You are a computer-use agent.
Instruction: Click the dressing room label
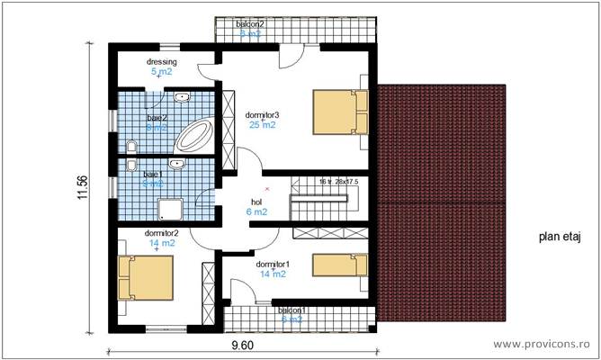[163, 62]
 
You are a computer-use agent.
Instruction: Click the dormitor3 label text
[263, 114]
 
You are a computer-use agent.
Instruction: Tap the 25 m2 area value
[262, 125]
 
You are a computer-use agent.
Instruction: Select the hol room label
[256, 202]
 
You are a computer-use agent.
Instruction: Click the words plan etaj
[561, 238]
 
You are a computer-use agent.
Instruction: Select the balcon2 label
[250, 23]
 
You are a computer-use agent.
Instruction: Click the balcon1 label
[292, 310]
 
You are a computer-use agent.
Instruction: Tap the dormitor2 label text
[163, 232]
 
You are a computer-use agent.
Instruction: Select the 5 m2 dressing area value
[161, 71]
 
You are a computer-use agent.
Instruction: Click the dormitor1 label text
[272, 264]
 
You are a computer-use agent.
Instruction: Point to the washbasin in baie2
[182, 96]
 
